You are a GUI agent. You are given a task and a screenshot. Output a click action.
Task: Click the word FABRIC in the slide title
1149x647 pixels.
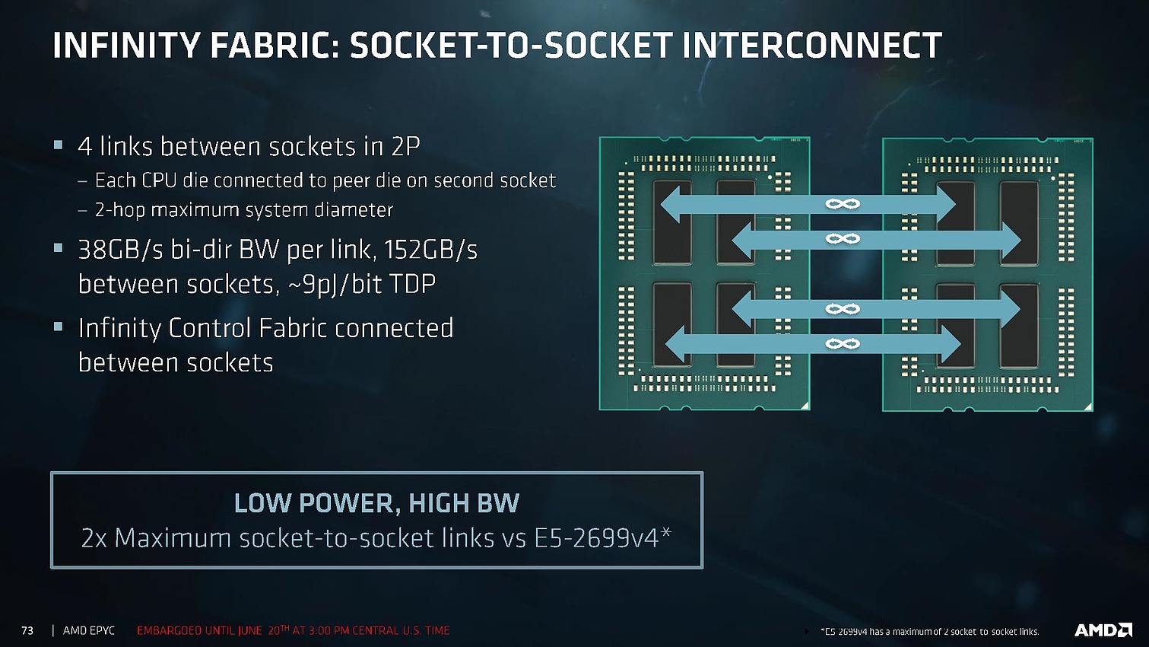(269, 46)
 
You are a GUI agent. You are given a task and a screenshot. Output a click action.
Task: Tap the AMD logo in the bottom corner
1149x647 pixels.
(1103, 629)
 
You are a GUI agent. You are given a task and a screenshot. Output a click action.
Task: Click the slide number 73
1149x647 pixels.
(27, 630)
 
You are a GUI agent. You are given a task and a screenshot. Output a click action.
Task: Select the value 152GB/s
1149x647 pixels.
(430, 250)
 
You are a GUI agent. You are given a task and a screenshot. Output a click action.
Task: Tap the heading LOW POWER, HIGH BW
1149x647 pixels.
(376, 503)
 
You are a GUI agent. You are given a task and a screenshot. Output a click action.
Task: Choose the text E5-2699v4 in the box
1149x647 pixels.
(595, 538)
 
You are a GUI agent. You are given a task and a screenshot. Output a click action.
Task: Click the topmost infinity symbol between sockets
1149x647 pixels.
(842, 204)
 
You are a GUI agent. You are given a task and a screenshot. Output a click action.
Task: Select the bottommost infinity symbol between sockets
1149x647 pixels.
(842, 344)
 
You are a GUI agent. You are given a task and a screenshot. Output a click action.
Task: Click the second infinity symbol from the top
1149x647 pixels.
(842, 239)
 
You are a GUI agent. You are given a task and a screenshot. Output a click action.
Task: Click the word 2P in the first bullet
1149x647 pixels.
(406, 146)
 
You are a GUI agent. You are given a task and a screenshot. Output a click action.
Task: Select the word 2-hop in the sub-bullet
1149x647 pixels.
(119, 210)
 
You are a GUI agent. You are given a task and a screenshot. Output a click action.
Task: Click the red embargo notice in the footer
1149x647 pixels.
(293, 630)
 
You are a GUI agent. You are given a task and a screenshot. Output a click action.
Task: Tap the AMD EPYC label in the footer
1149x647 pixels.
(89, 630)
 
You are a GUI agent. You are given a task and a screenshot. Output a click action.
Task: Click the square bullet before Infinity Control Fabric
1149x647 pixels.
(59, 327)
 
